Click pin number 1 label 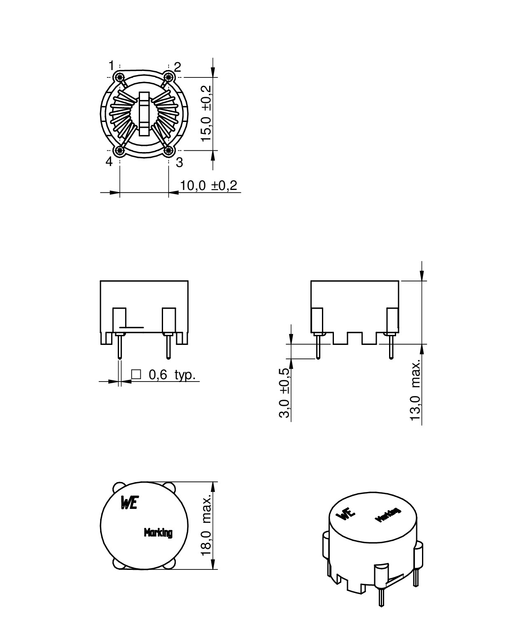pos(111,65)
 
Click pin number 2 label pos(177,67)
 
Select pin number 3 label pos(179,162)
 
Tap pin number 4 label pos(109,162)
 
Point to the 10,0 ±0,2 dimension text pos(209,185)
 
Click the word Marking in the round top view pos(158,532)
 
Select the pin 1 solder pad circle pos(120,77)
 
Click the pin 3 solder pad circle pos(168,151)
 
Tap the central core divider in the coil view pos(144,114)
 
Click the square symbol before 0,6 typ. pos(136,374)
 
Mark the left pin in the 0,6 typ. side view pos(120,347)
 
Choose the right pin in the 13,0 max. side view pos(391,346)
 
